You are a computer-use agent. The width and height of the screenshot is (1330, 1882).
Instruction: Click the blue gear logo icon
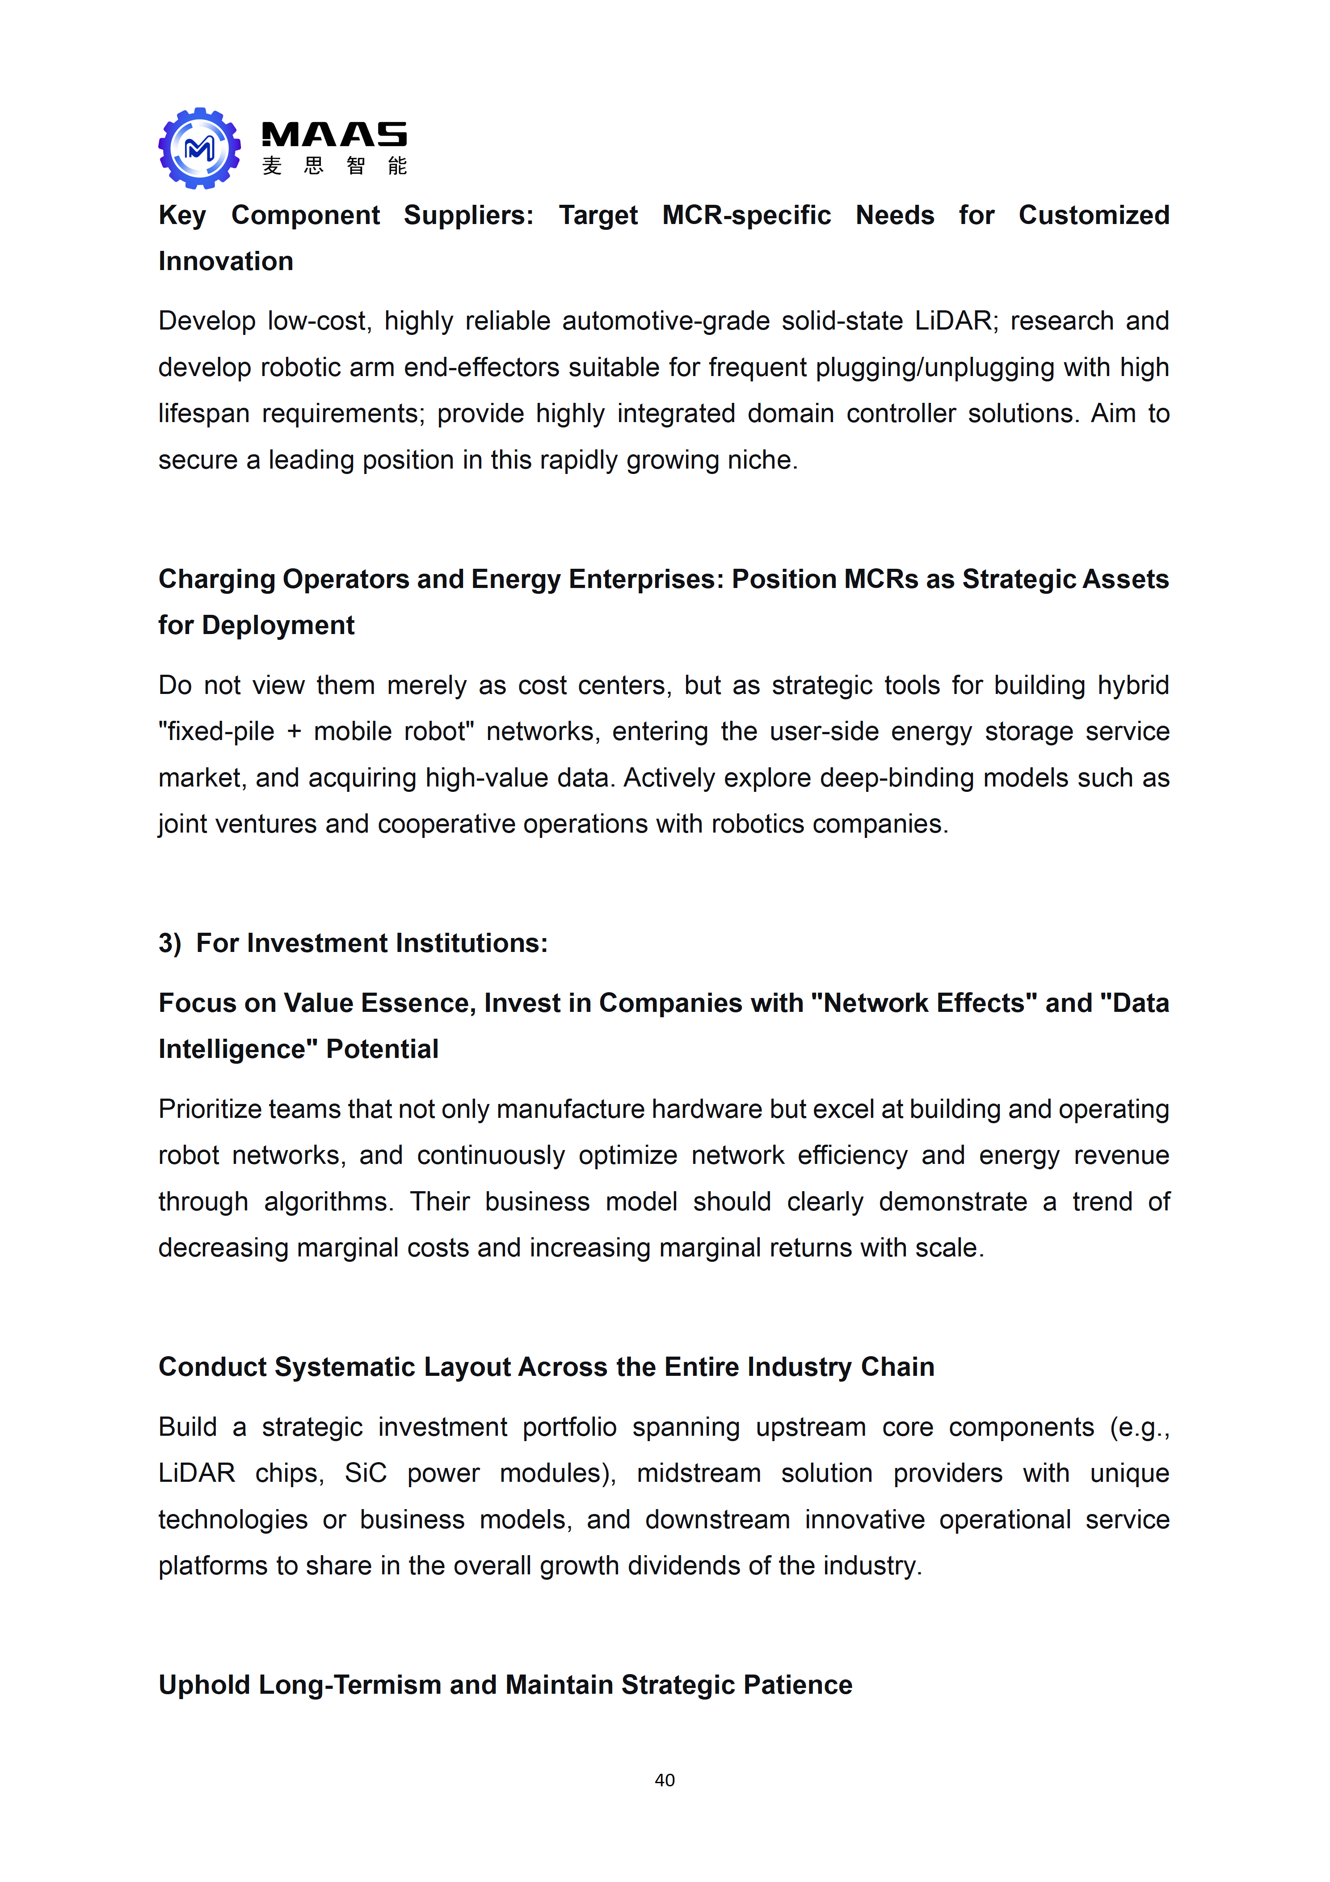(199, 148)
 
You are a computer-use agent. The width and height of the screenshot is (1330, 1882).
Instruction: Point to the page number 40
(665, 1780)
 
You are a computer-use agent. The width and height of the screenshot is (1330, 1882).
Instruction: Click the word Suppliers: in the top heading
(468, 216)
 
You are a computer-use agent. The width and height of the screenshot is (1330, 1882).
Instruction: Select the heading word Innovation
(225, 262)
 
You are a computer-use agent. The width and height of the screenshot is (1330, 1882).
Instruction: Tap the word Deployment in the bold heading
(278, 626)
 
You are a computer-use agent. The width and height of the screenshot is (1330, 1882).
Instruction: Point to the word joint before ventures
(182, 824)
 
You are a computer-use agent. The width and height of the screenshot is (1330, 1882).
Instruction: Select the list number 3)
(170, 943)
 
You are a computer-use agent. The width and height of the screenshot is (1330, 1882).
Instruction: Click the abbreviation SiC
(365, 1473)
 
